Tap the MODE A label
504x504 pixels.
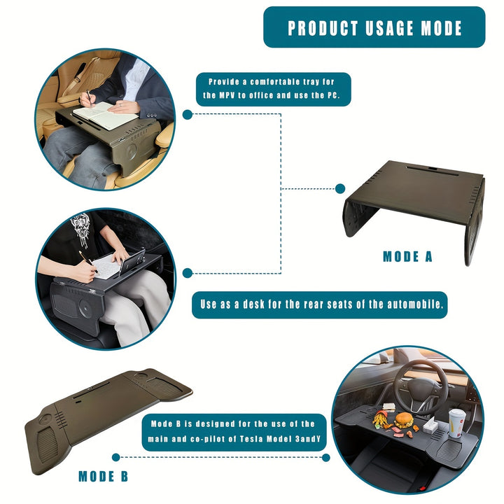407,256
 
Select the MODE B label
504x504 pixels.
103,476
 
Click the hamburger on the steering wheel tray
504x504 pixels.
404,420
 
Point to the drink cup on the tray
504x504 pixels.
456,422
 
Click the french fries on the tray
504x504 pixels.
382,419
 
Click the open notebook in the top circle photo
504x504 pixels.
106,115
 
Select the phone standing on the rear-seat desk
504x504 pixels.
132,262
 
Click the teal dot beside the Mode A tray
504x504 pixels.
340,189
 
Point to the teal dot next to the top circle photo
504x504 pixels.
188,114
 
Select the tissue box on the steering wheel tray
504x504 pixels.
429,426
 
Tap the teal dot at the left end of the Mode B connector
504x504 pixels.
116,457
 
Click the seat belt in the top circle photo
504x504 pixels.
76,78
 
